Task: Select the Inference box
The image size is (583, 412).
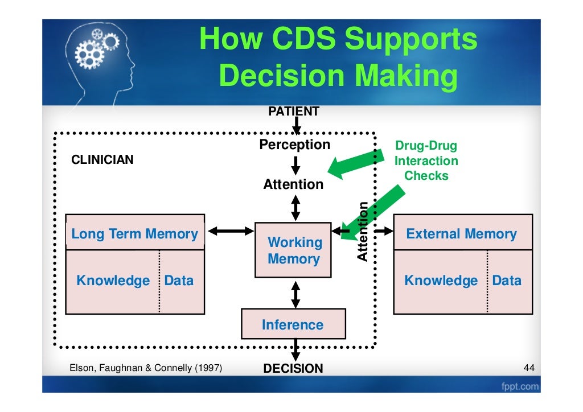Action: pyautogui.click(x=293, y=325)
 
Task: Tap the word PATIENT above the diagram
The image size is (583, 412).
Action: pyautogui.click(x=293, y=112)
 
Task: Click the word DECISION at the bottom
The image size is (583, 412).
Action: pyautogui.click(x=293, y=369)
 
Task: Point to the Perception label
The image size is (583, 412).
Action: pyautogui.click(x=294, y=145)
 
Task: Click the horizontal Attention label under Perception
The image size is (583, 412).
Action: pyautogui.click(x=293, y=184)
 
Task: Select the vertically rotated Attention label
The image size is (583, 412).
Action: pyautogui.click(x=363, y=232)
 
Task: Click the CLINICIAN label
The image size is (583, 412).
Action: pyautogui.click(x=102, y=160)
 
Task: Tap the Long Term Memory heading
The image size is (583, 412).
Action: pyautogui.click(x=135, y=234)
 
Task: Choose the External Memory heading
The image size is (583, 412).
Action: pyautogui.click(x=461, y=234)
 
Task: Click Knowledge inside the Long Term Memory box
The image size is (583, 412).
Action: pyautogui.click(x=113, y=281)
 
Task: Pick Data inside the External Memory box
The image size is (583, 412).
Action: pyautogui.click(x=506, y=281)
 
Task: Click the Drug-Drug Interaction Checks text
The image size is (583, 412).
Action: pyautogui.click(x=426, y=161)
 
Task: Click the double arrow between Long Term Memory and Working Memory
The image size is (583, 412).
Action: pyautogui.click(x=231, y=231)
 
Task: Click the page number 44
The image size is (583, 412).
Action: pyautogui.click(x=528, y=369)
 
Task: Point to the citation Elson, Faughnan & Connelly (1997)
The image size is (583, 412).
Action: pyautogui.click(x=145, y=369)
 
